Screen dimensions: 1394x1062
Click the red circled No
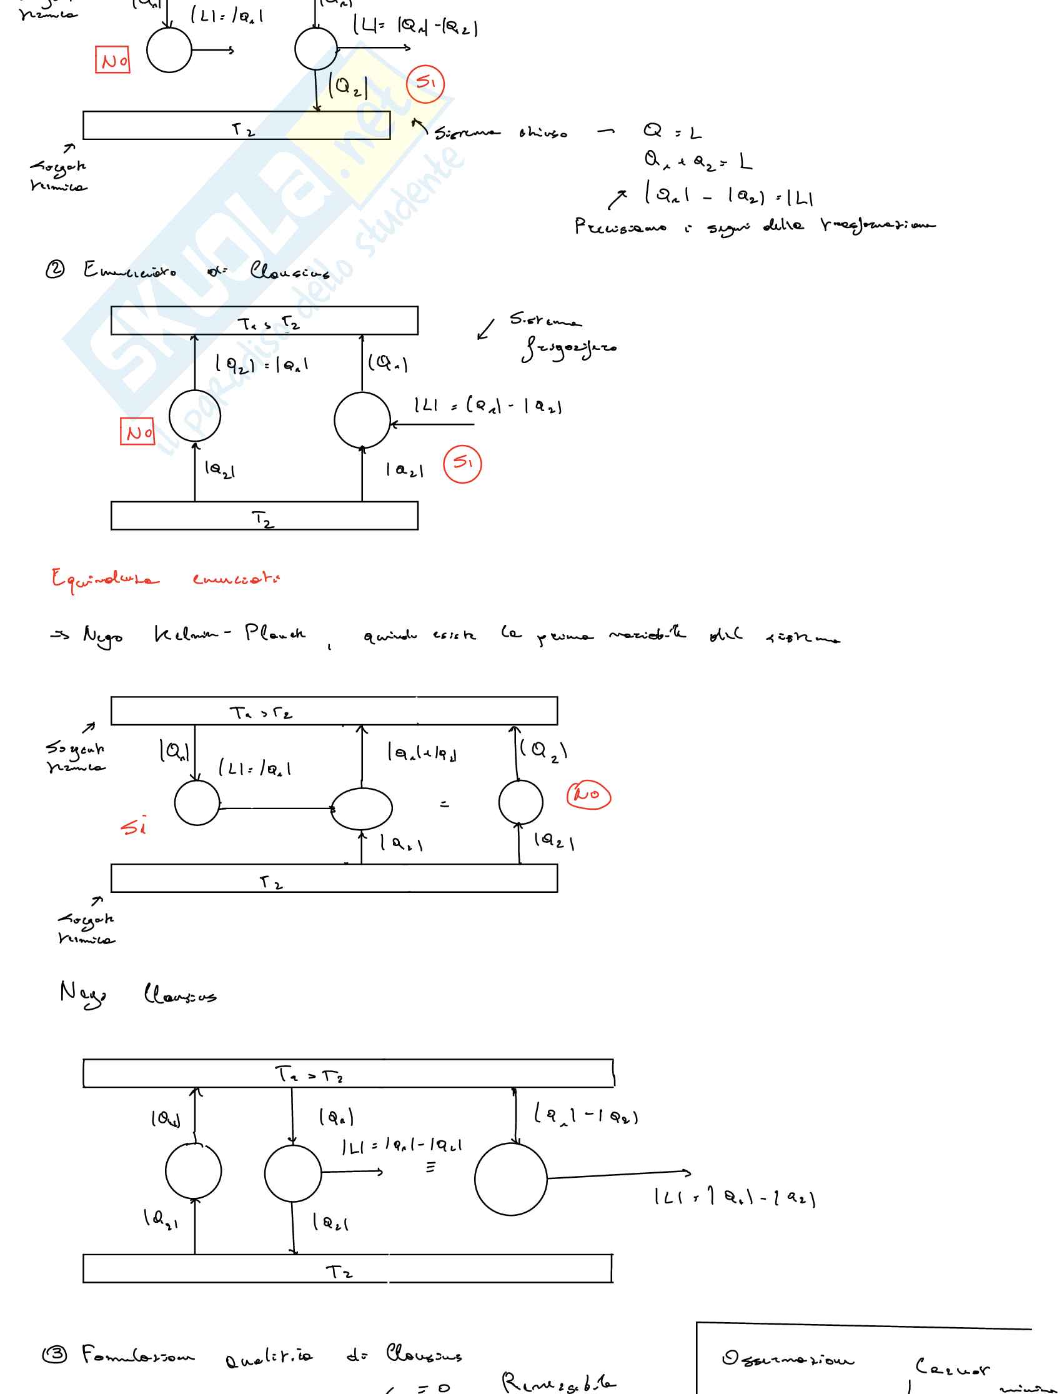pyautogui.click(x=588, y=795)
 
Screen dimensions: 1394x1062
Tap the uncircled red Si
pyautogui.click(x=134, y=826)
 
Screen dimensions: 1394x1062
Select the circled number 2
pyautogui.click(x=55, y=270)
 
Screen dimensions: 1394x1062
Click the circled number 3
pyautogui.click(x=54, y=1354)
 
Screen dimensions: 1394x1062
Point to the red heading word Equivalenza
pyautogui.click(x=105, y=578)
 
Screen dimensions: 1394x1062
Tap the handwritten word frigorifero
pyautogui.click(x=568, y=347)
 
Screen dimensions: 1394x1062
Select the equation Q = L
pyautogui.click(x=672, y=132)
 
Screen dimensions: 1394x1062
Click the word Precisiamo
pyautogui.click(x=620, y=226)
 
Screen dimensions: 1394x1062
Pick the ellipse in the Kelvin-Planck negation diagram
pyautogui.click(x=362, y=809)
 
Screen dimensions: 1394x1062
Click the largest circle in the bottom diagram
pyautogui.click(x=510, y=1179)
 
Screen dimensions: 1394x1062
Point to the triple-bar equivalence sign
pyautogui.click(x=430, y=1167)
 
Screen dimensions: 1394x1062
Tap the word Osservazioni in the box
pyautogui.click(x=787, y=1358)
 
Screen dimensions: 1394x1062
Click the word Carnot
pyautogui.click(x=952, y=1368)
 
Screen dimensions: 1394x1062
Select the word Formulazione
pyautogui.click(x=138, y=1355)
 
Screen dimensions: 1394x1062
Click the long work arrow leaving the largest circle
pyautogui.click(x=620, y=1175)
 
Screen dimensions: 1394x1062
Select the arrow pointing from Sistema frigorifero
pyautogui.click(x=485, y=330)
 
